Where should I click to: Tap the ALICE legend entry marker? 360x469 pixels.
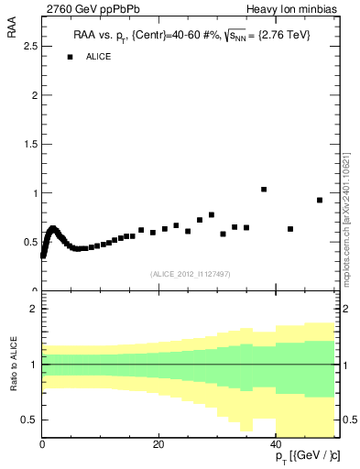coord(70,57)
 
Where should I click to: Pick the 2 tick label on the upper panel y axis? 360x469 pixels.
coord(34,95)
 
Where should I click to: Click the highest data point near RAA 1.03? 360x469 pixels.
coord(264,190)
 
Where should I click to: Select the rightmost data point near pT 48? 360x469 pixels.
coord(320,200)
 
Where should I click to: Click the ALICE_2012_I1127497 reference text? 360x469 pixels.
coord(190,272)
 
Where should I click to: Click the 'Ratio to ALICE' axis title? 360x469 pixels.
coord(13,365)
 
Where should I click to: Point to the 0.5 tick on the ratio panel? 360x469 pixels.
coord(30,420)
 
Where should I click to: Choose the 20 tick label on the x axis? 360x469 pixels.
coord(158,445)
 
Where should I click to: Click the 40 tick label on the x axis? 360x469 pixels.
coord(277,445)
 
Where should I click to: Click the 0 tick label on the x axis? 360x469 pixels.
coord(42,445)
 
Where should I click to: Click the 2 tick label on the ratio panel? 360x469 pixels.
coord(34,310)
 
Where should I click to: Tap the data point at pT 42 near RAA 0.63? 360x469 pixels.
coord(290,229)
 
